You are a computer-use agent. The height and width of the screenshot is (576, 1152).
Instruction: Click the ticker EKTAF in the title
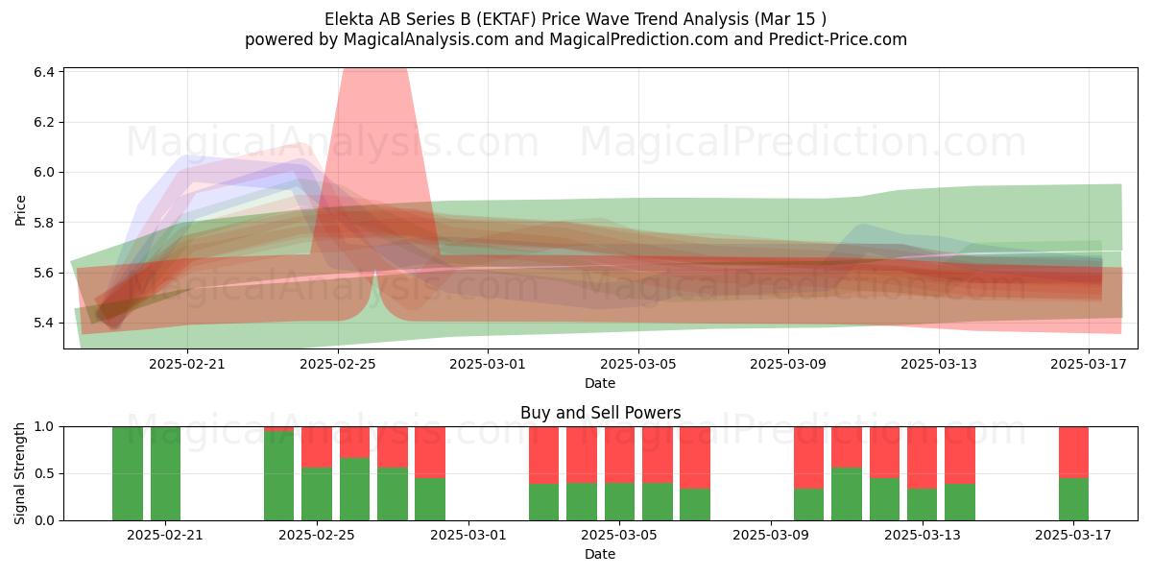pyautogui.click(x=507, y=19)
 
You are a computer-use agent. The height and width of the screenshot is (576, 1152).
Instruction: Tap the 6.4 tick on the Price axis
pyautogui.click(x=44, y=72)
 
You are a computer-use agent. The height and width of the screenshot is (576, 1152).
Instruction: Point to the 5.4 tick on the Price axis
pyautogui.click(x=44, y=323)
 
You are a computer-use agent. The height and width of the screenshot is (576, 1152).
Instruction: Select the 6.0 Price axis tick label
pyautogui.click(x=44, y=172)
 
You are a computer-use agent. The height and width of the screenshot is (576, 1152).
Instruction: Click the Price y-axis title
pyautogui.click(x=20, y=210)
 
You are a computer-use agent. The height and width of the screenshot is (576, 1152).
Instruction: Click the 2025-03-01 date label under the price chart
pyautogui.click(x=488, y=364)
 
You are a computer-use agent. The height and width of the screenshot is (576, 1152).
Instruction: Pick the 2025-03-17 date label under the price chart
pyautogui.click(x=1089, y=364)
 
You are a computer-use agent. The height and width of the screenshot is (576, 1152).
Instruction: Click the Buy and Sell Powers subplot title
pyautogui.click(x=600, y=413)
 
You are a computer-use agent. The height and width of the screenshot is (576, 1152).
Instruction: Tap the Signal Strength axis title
pyautogui.click(x=19, y=473)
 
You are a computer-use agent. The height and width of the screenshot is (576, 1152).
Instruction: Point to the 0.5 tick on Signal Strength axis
pyautogui.click(x=44, y=473)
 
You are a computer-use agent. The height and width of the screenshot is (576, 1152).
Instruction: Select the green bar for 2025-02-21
pyautogui.click(x=165, y=473)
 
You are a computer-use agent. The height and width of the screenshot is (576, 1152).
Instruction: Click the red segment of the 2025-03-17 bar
pyautogui.click(x=1074, y=452)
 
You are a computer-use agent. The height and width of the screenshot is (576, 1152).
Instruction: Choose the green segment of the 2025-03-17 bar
pyautogui.click(x=1074, y=499)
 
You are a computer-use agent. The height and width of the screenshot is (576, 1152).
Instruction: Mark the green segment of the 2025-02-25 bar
pyautogui.click(x=317, y=493)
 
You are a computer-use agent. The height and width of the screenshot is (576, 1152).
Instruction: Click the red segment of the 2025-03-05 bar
pyautogui.click(x=620, y=455)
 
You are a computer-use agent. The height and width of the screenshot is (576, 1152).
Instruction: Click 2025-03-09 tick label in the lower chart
pyautogui.click(x=771, y=535)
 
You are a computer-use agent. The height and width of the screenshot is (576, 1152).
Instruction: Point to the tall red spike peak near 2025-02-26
pyautogui.click(x=375, y=70)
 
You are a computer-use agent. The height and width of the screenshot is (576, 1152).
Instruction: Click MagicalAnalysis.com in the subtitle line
pyautogui.click(x=426, y=39)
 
